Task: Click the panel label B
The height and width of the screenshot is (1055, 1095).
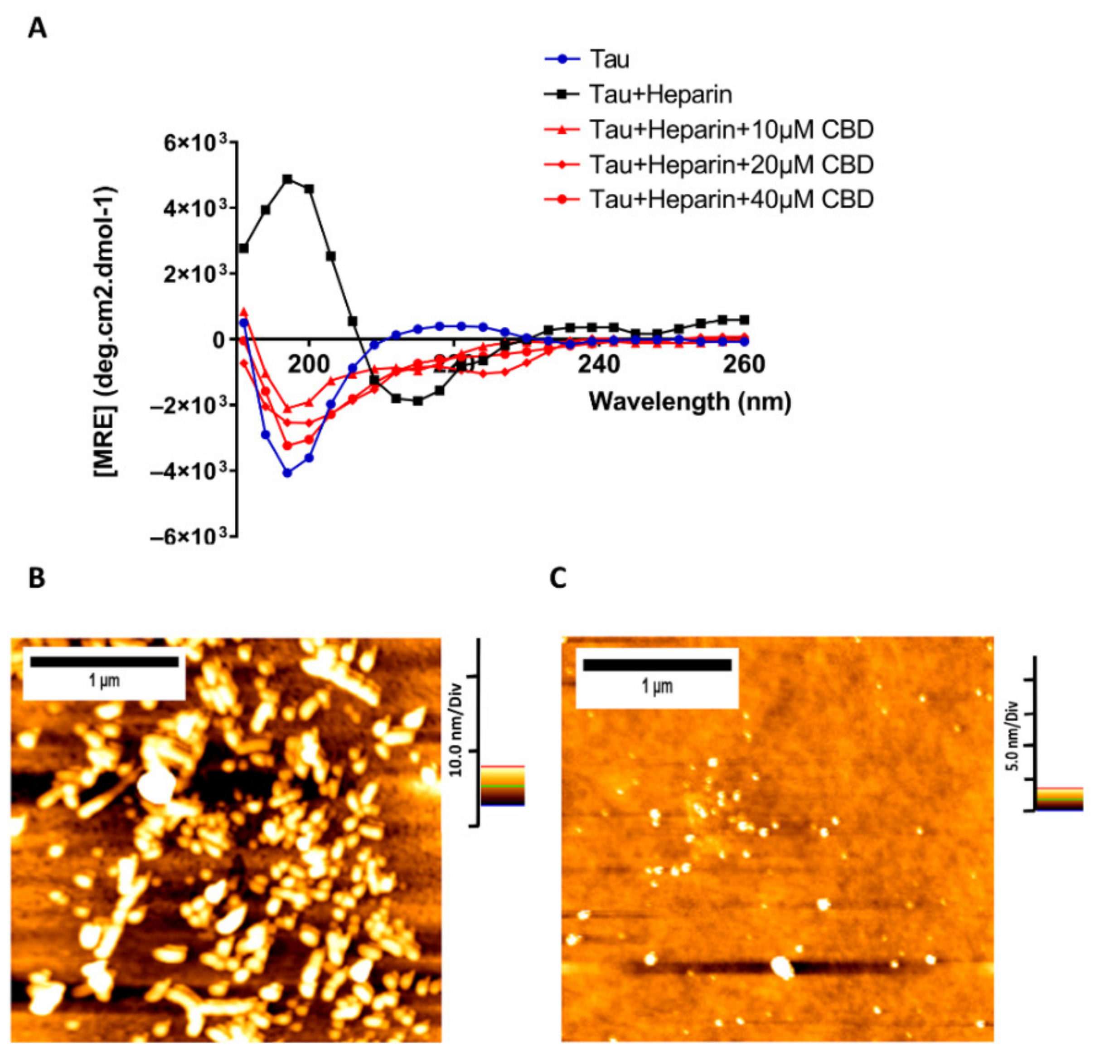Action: [x=37, y=578]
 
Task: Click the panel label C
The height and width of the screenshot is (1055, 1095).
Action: [x=557, y=578]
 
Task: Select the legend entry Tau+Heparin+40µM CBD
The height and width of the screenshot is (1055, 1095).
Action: [x=731, y=199]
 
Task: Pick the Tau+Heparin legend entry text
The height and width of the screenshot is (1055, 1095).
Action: [x=660, y=94]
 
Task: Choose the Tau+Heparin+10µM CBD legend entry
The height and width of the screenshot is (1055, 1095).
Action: [x=731, y=130]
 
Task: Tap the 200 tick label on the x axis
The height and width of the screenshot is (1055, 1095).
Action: [x=309, y=365]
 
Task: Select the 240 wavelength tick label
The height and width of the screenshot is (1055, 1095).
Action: [x=598, y=365]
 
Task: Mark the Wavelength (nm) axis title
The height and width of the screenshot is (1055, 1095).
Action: [x=690, y=401]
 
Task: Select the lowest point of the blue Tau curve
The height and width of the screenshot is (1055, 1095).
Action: [x=288, y=473]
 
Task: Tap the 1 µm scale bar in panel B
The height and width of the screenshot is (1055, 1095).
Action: [x=105, y=662]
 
